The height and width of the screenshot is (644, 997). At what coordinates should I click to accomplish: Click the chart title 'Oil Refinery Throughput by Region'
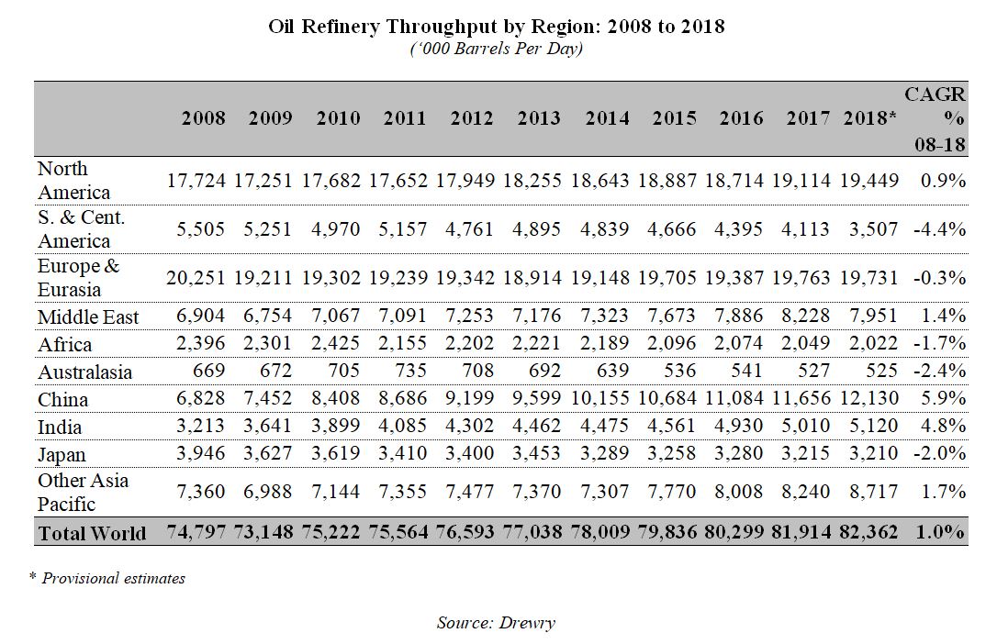[497, 27]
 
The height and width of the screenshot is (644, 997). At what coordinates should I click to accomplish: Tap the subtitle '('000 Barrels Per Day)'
[497, 49]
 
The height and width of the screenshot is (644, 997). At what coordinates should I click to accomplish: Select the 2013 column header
[539, 118]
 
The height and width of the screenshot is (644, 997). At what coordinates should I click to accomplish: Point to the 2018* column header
[869, 118]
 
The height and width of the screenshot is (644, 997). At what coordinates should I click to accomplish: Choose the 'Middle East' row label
[88, 317]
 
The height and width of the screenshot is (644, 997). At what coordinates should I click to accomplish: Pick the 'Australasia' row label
[84, 372]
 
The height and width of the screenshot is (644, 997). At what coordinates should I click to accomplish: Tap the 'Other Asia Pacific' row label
[84, 493]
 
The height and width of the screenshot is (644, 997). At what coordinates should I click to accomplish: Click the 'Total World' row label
[92, 533]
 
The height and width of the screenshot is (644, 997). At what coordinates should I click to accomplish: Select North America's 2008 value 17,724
[196, 181]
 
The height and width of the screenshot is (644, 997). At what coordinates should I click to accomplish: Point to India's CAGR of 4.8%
[943, 427]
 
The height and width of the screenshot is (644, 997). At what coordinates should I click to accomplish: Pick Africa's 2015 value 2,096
[675, 345]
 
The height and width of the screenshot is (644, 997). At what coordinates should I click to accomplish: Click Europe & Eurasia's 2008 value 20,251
[196, 278]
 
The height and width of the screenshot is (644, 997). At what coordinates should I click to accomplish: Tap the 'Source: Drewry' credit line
[496, 623]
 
